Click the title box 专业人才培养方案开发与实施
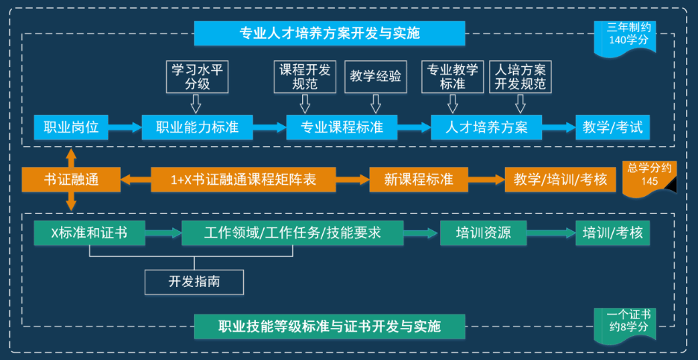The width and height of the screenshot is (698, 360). (x=329, y=34)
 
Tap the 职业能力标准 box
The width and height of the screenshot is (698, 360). (x=197, y=127)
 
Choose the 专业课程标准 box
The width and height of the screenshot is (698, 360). (x=342, y=127)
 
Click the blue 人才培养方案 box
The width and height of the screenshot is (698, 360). (x=486, y=127)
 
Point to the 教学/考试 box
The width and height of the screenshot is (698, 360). (x=612, y=127)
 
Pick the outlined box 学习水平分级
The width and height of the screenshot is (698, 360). (x=197, y=76)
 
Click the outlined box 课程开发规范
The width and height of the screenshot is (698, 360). (x=305, y=76)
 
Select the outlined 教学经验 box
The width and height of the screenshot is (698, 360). (x=376, y=76)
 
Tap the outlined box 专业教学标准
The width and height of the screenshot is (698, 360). (x=453, y=76)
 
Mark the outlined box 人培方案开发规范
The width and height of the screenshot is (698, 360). (x=521, y=76)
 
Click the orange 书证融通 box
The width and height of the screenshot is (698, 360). (x=72, y=180)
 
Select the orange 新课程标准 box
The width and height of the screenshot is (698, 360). (x=418, y=180)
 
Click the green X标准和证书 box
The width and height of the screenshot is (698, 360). (x=89, y=233)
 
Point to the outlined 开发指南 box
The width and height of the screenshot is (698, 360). (x=194, y=281)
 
